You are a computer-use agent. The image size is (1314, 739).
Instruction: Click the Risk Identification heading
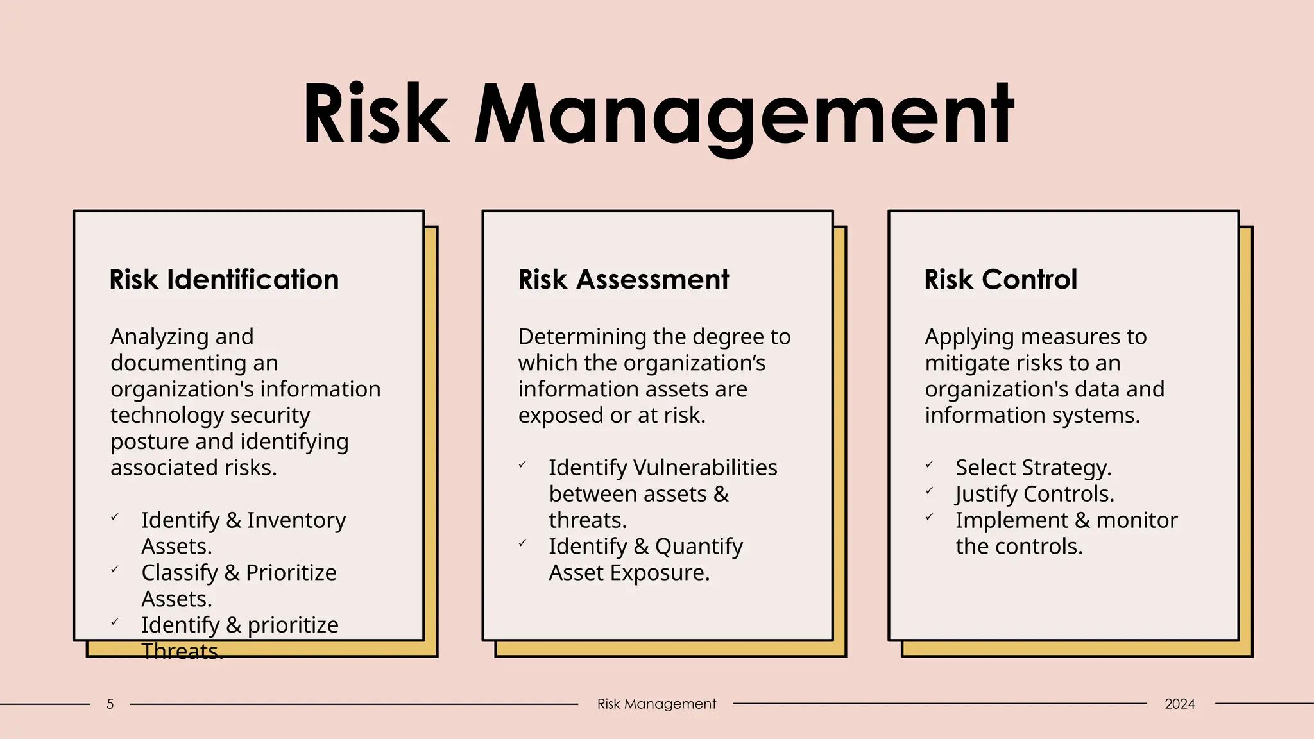point(224,280)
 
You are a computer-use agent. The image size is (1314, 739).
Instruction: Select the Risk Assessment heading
point(623,280)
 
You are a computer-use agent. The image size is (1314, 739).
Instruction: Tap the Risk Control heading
point(1000,280)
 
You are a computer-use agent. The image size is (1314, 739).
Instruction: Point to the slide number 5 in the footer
point(110,704)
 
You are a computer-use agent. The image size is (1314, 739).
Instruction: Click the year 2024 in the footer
point(1179,704)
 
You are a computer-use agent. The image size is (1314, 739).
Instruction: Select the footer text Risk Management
point(656,704)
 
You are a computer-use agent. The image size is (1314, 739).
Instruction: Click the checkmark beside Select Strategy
point(929,464)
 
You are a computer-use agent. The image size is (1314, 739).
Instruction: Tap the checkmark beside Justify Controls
point(929,491)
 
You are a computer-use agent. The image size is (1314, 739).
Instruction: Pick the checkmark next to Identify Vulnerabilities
point(522,464)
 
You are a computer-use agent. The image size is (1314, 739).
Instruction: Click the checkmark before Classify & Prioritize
point(115,569)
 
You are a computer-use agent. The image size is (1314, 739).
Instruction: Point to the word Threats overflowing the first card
point(182,651)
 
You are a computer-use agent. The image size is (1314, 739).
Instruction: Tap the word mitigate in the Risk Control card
point(965,363)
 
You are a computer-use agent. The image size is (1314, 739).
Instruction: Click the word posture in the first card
point(150,442)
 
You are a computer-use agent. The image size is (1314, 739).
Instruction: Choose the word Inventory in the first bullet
point(296,520)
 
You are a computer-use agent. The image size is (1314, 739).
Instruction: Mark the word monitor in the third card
point(1137,520)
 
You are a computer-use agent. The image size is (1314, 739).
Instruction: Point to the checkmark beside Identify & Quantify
point(522,543)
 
